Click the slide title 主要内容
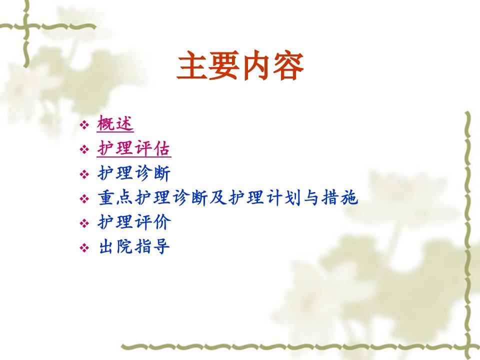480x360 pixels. pos(240,66)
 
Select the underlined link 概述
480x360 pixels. pos(115,124)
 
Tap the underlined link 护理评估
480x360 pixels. pos(134,149)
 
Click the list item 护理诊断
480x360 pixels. pos(134,173)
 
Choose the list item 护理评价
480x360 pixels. pos(134,222)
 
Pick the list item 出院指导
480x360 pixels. pos(134,246)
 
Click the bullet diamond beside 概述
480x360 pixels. pos(84,125)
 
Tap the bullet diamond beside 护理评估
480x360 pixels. pos(84,149)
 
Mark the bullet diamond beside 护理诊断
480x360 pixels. pos(84,174)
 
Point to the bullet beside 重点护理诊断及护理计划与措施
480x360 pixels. pos(84,199)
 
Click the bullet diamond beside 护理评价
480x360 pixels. pos(84,223)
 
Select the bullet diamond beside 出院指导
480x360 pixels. pos(84,247)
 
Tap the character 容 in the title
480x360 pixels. pos(288,66)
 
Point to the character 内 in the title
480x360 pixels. pos(256,66)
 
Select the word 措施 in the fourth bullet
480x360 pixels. pos(340,198)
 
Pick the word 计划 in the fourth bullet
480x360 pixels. pos(284,198)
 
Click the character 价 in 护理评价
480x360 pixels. pos(162,222)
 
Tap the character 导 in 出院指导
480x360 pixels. pos(161,246)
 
